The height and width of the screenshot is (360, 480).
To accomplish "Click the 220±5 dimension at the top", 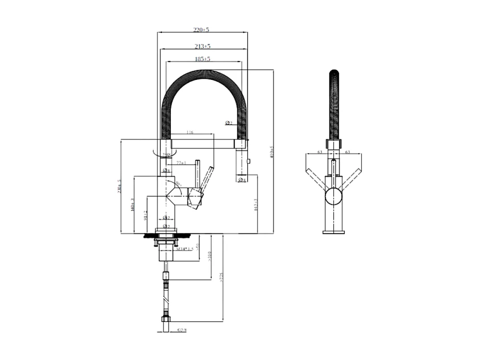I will [202, 30].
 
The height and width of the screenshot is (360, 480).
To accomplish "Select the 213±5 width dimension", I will [203, 46].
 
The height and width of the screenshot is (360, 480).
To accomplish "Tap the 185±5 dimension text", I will [203, 59].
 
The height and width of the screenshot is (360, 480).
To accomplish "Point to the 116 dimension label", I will [189, 133].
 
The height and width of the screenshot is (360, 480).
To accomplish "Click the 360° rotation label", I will [166, 154].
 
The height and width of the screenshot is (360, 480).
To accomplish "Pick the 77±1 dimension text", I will [181, 163].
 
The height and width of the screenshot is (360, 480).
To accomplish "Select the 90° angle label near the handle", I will [178, 184].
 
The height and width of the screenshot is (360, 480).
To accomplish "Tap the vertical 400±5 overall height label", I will [271, 152].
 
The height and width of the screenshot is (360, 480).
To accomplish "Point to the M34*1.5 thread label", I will [184, 249].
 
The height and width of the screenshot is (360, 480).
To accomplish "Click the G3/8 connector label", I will [182, 330].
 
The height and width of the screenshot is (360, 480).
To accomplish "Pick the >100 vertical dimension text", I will [209, 256].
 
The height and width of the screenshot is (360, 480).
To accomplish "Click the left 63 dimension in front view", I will [320, 152].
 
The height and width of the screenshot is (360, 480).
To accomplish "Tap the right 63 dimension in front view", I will [348, 152].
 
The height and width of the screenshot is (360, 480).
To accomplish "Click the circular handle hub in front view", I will [334, 197].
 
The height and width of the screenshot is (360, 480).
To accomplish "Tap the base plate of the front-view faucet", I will [334, 232].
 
